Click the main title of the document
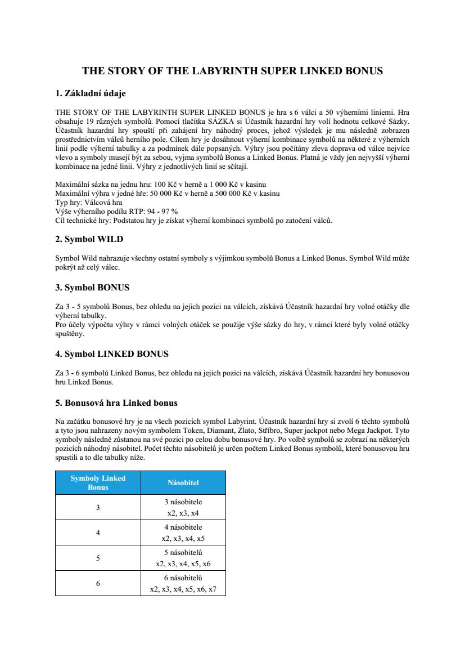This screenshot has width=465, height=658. (x=232, y=71)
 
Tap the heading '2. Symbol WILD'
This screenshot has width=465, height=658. (x=89, y=239)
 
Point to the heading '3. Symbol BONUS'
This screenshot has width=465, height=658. (x=92, y=288)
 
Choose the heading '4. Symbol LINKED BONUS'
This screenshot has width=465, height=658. (x=112, y=354)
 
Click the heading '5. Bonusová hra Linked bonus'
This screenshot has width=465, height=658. (x=116, y=403)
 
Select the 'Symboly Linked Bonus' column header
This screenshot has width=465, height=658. (x=98, y=482)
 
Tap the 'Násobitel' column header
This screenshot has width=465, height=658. (x=183, y=482)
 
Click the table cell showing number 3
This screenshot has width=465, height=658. (x=98, y=507)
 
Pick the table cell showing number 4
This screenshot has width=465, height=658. (x=98, y=532)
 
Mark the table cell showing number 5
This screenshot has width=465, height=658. (x=98, y=558)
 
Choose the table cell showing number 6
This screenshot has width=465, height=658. (x=98, y=583)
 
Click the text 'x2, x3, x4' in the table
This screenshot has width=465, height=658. (x=183, y=513)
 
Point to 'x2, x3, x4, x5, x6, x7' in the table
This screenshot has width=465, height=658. (x=183, y=589)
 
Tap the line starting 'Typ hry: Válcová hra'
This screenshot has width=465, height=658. (x=89, y=202)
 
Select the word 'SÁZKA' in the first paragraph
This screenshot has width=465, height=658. (x=223, y=120)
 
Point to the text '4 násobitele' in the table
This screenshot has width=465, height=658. (x=183, y=527)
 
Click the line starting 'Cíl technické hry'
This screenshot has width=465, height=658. (x=193, y=220)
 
